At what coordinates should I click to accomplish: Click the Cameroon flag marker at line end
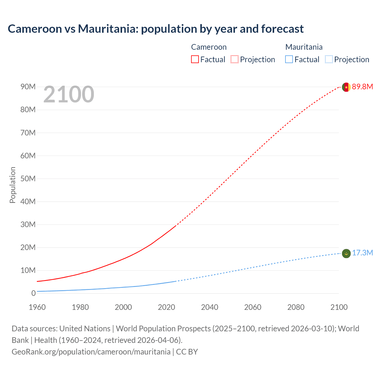pos(346,87)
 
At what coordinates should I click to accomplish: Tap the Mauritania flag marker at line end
pos(346,253)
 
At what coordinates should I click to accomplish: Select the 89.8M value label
pos(362,87)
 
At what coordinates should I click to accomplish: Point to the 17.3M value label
pos(362,253)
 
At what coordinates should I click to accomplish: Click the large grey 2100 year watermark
pos(69,94)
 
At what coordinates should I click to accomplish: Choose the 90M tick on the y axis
pos(28,87)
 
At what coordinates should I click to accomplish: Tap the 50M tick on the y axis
pos(28,179)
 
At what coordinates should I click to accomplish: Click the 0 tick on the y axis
pos(33,293)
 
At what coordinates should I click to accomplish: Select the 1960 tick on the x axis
pos(37,307)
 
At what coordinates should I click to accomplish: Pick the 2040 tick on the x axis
pos(210,307)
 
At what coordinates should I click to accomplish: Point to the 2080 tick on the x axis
pos(296,307)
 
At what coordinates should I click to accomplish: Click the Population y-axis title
pos(13,185)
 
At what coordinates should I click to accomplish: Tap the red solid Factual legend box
pos(195,59)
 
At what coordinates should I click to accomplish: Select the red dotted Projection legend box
pos(235,59)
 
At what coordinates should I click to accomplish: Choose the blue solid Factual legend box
pos(289,59)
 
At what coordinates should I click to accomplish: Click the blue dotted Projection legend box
pos(329,59)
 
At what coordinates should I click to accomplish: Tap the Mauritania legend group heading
pos(304,47)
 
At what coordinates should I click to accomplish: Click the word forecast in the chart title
pos(282,29)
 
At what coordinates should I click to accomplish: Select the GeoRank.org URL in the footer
pos(91,352)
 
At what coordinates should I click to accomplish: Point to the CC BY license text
pos(187,352)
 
